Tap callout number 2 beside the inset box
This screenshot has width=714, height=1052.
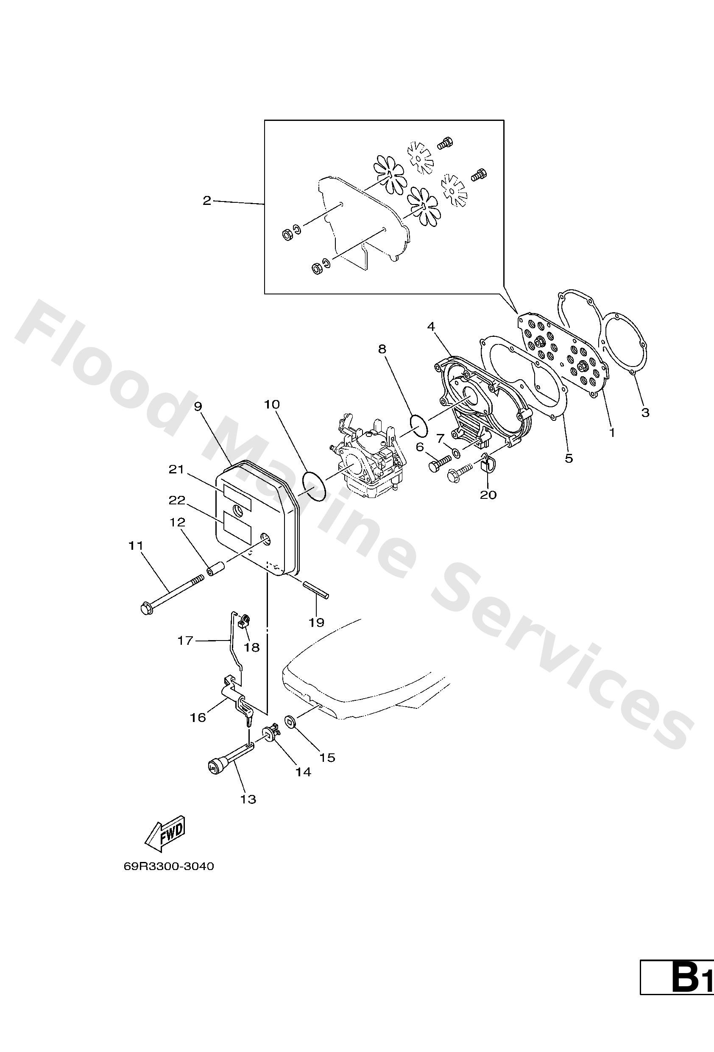click(207, 201)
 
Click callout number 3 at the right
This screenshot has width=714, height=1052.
click(645, 412)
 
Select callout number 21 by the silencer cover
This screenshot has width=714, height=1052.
click(176, 470)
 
